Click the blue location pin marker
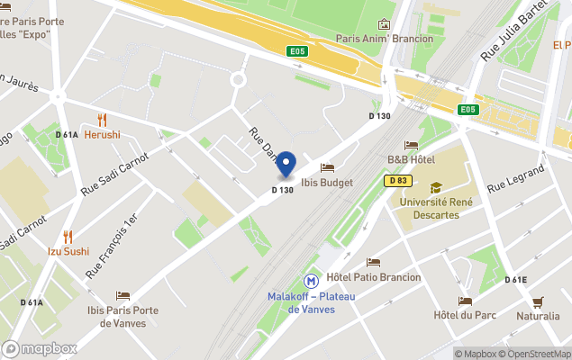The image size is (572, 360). pyautogui.click(x=286, y=165)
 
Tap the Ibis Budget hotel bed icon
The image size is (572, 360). pyautogui.click(x=327, y=167)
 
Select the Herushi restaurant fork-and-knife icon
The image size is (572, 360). pyautogui.click(x=102, y=120)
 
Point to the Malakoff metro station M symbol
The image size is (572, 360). pyautogui.click(x=311, y=281)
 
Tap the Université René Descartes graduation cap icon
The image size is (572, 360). pyautogui.click(x=436, y=187)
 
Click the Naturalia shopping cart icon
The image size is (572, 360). pyautogui.click(x=538, y=301)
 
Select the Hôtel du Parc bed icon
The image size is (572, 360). pyautogui.click(x=466, y=301)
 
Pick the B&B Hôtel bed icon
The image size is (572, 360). pyautogui.click(x=411, y=145)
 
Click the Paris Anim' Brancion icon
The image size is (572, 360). pyautogui.click(x=385, y=24)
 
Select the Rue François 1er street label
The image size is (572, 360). pyautogui.click(x=112, y=246)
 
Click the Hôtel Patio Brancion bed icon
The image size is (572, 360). pyautogui.click(x=374, y=262)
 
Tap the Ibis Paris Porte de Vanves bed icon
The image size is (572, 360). pyautogui.click(x=123, y=296)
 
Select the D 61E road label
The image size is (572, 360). pyautogui.click(x=516, y=280)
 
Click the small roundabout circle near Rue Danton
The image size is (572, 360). pyautogui.click(x=239, y=79)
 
